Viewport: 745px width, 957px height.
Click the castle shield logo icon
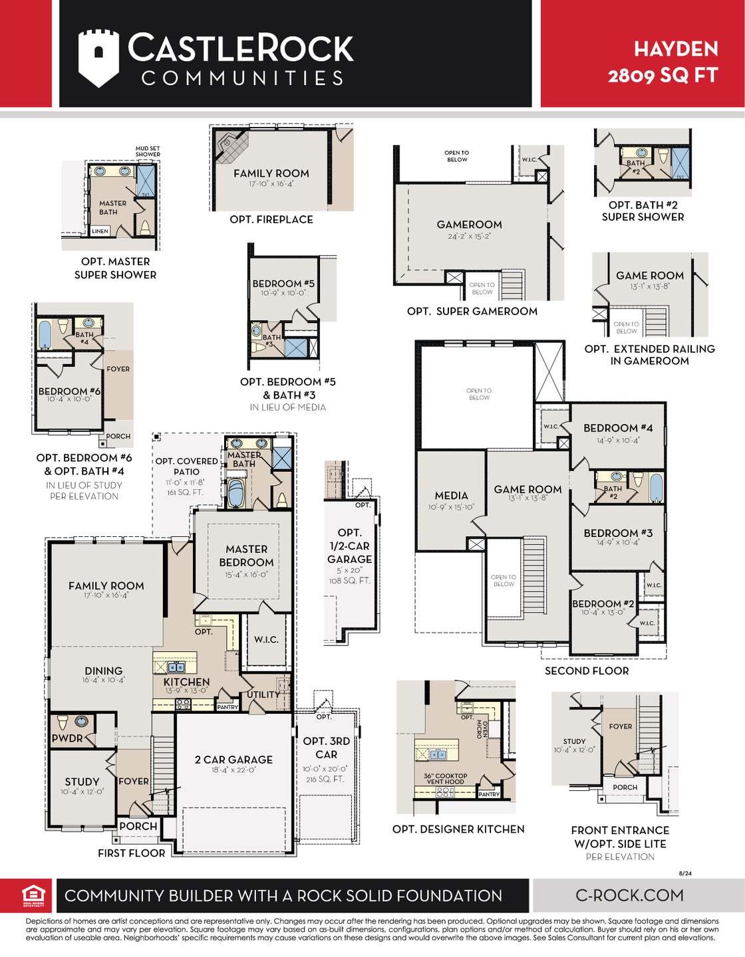coord(98,58)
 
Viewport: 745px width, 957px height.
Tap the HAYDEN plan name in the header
coord(675,49)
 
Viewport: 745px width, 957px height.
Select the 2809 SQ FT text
coord(663,75)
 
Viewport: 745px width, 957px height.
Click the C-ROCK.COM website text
coord(629,895)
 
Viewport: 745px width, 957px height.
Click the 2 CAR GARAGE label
coord(233,760)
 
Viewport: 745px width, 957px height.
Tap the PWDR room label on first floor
coord(67,738)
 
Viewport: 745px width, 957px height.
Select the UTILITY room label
coord(263,694)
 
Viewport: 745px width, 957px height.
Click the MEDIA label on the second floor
coord(451,496)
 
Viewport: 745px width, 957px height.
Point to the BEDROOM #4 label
coord(618,428)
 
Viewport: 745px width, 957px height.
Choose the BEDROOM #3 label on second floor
coord(618,533)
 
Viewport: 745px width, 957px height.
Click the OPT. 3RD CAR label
coord(326,748)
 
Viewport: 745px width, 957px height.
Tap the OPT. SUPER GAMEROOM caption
coord(472,311)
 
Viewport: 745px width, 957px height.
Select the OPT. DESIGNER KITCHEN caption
coord(458,829)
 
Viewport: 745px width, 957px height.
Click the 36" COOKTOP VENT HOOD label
coord(445,779)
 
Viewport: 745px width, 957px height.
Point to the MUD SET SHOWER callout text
coord(148,152)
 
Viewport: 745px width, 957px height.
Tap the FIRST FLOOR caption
coord(131,853)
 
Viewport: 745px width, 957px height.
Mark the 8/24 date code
coord(685,873)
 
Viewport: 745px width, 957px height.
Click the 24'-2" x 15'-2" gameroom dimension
coord(469,236)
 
